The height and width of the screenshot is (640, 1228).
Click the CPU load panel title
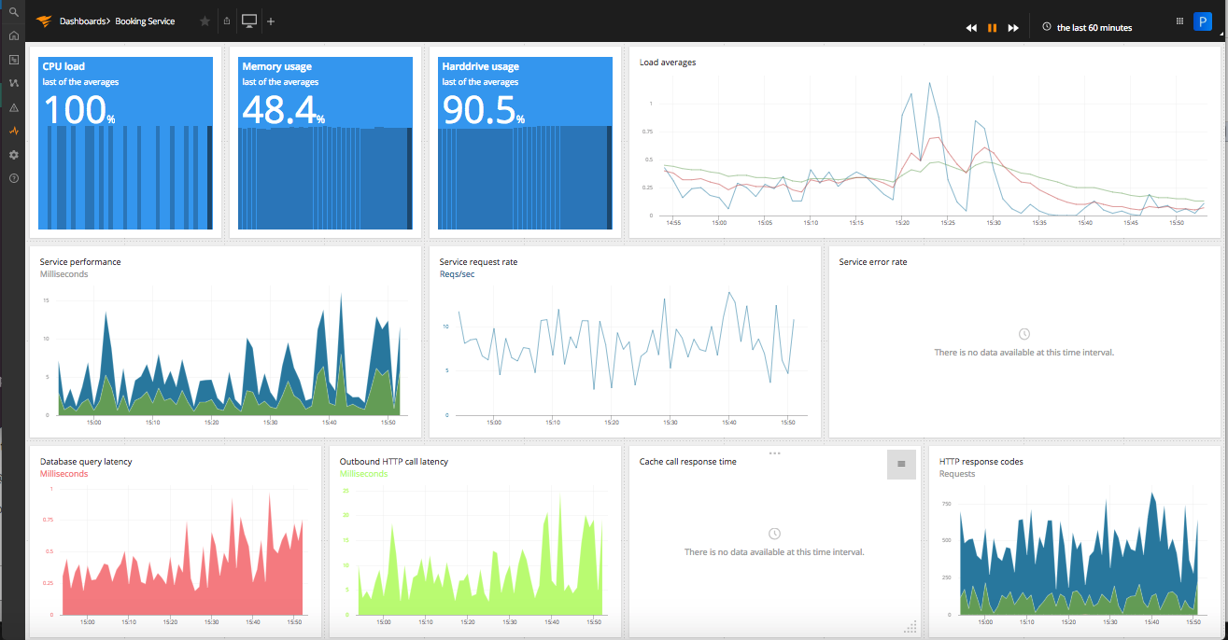click(x=64, y=66)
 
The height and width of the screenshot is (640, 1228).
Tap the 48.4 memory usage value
click(x=278, y=110)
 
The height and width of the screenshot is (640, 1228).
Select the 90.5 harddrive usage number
click(x=478, y=110)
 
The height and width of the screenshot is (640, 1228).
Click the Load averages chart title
click(x=667, y=63)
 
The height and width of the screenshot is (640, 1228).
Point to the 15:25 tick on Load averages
click(x=947, y=223)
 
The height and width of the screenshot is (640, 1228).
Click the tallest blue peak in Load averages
click(x=929, y=83)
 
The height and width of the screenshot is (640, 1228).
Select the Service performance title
click(x=79, y=262)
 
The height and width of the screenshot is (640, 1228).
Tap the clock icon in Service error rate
click(x=1023, y=334)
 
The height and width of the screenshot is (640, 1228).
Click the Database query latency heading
click(x=86, y=462)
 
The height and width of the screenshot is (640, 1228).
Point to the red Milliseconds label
click(x=64, y=474)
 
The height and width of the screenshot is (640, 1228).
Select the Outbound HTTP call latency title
click(x=393, y=462)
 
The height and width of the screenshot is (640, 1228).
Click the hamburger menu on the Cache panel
click(x=901, y=464)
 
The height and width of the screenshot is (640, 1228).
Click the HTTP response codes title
click(x=981, y=462)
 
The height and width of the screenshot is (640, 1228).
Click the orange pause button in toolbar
click(x=992, y=28)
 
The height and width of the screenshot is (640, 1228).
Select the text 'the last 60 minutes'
click(x=1094, y=28)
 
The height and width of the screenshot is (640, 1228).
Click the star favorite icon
click(x=205, y=21)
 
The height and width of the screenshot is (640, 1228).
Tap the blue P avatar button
click(x=1202, y=21)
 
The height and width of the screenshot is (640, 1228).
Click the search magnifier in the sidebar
click(x=13, y=12)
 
